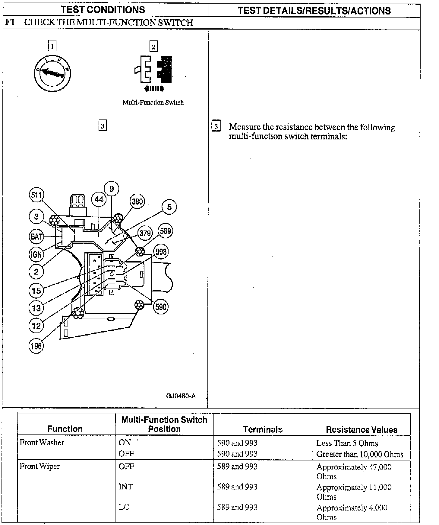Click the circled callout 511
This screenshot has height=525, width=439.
coord(36,195)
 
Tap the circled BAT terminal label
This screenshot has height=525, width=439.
coord(36,236)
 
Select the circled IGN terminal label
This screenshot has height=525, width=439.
coord(36,254)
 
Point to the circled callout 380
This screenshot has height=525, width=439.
coord(137,201)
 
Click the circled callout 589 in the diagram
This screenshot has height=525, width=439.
coord(165,231)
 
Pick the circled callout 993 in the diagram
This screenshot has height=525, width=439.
coord(161,251)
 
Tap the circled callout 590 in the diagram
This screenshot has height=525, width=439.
coord(161,307)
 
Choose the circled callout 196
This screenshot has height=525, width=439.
coord(36,346)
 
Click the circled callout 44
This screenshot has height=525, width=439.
coord(99,199)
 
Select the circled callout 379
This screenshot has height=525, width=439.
coord(145,233)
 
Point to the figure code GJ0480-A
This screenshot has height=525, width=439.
coord(181,396)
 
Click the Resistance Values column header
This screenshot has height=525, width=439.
coord(362,429)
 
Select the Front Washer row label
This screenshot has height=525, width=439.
coord(42,443)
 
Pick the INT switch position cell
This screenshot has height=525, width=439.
coord(125,486)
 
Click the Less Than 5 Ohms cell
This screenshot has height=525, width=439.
coord(347,443)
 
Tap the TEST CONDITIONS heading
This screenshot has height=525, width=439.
coord(103,10)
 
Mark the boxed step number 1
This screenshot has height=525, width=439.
coord(52,46)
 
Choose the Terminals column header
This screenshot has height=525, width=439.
coord(263,429)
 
